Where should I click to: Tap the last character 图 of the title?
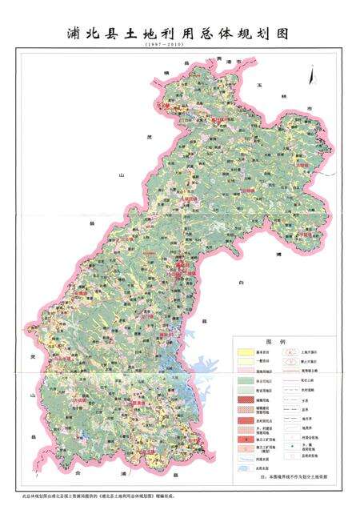point(280,34)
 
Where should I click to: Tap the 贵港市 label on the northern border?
point(230,60)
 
